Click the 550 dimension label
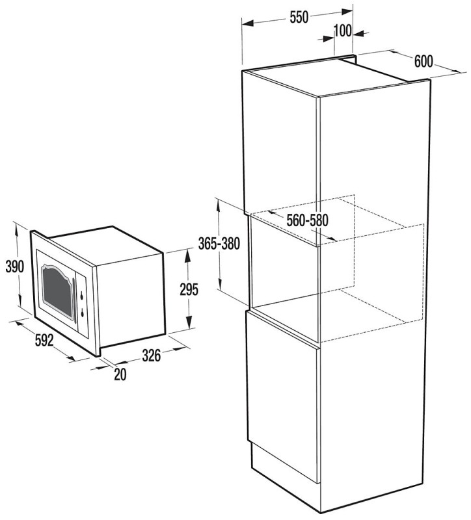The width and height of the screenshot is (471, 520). tap(299, 18)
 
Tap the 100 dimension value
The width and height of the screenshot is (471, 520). tap(342, 31)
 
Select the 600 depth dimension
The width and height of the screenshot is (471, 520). tap(424, 61)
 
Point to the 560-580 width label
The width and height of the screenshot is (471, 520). tap(307, 220)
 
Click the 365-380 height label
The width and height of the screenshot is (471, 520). tap(219, 244)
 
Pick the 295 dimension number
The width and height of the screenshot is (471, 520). tap(189, 289)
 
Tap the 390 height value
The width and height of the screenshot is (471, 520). tap(15, 266)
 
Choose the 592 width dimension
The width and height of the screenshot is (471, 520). tap(44, 340)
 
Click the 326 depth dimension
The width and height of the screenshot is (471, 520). tap(151, 356)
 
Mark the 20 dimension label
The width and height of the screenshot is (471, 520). tap(120, 375)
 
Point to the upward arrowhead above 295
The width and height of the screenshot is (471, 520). tap(188, 255)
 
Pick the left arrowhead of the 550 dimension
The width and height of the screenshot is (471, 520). tap(249, 23)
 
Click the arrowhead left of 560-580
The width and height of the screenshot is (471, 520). tap(272, 213)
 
